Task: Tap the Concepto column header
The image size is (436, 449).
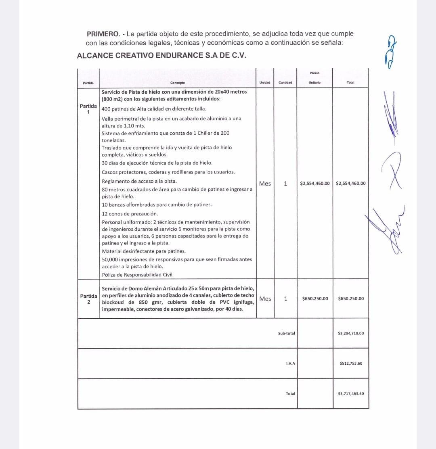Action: coord(177,83)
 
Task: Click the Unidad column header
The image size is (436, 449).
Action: coord(265,83)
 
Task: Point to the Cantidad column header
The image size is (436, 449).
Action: coord(285,83)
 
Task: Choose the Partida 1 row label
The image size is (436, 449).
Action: coord(88,109)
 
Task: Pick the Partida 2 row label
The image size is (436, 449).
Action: coord(88,299)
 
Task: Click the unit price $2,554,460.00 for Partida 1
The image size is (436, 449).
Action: coord(315,183)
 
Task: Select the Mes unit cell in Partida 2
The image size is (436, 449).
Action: coord(265,299)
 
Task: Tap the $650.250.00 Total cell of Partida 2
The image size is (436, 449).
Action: coord(350,299)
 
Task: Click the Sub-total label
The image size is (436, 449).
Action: coord(287,334)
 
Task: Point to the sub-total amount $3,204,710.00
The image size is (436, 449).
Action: coord(350,334)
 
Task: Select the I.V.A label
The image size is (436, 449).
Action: coord(290,363)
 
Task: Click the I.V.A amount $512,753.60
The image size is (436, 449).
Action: coord(351,363)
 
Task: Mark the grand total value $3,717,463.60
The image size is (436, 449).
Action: coord(351,394)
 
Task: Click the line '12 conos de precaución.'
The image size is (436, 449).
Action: coord(130,214)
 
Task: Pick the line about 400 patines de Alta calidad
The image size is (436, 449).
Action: coord(154,109)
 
